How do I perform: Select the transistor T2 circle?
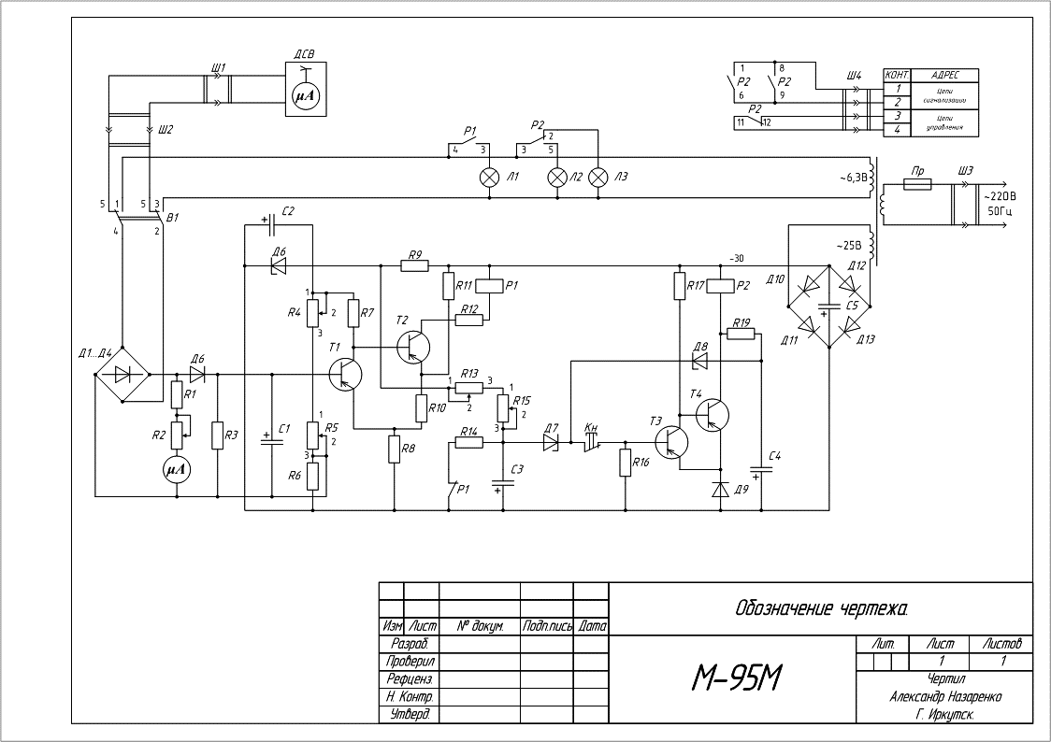[x=412, y=347]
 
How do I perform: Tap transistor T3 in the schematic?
[x=672, y=440]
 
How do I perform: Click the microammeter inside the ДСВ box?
[x=307, y=95]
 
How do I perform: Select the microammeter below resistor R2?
[x=177, y=469]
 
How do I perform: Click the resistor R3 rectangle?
[x=217, y=435]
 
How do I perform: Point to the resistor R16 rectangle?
[x=626, y=463]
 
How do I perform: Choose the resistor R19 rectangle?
[x=741, y=334]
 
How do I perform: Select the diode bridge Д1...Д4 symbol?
[x=122, y=375]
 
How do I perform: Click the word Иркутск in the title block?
[x=951, y=715]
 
